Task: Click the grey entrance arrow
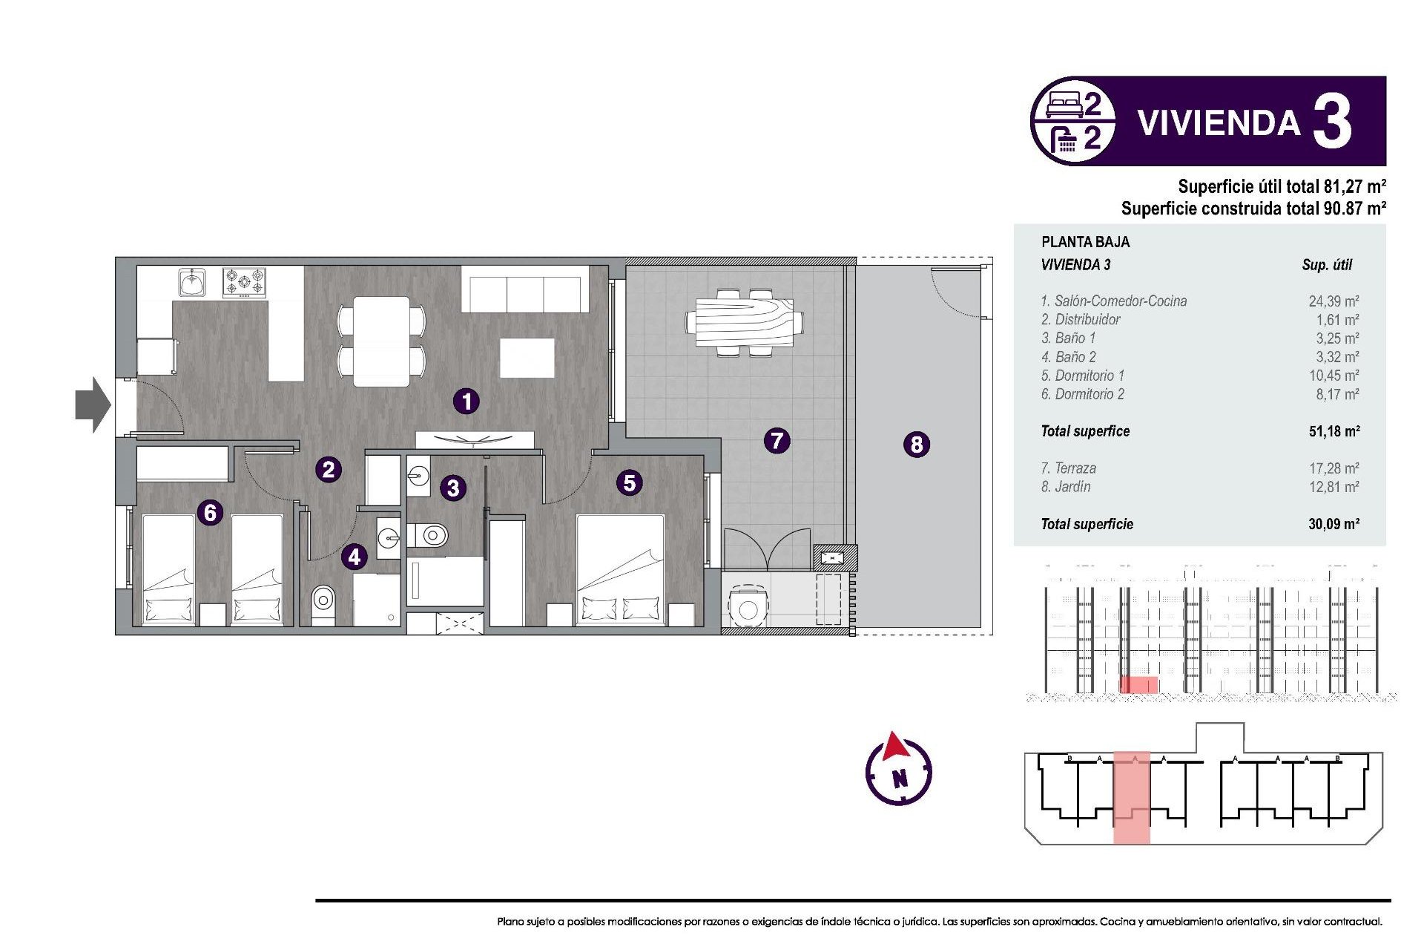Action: pos(93,404)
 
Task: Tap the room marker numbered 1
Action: pos(467,402)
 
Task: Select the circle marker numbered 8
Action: pos(917,445)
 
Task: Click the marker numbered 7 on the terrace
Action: pos(777,441)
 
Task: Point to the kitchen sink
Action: pos(192,283)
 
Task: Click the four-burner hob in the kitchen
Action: pos(244,283)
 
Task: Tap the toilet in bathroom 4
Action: pos(323,598)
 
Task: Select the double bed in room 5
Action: pos(620,570)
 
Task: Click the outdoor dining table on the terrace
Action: pos(745,322)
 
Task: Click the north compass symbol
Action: pos(898,770)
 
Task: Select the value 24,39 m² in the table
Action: pos(1333,301)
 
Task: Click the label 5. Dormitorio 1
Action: pos(1082,376)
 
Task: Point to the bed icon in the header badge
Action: pos(1064,105)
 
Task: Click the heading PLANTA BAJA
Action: pos(1085,242)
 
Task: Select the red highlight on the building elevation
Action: pos(1138,684)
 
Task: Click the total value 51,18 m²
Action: pos(1333,431)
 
